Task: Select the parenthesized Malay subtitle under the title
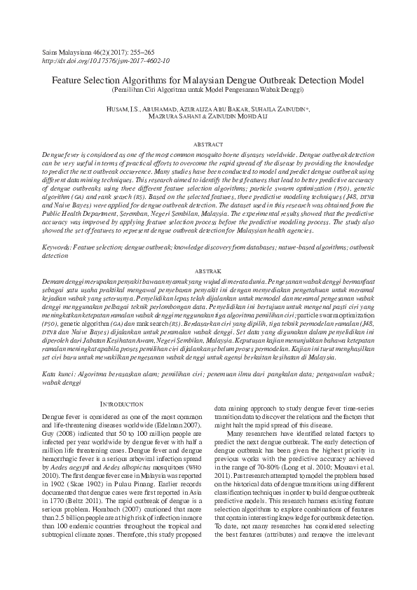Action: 208,90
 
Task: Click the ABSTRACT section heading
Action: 208,142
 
